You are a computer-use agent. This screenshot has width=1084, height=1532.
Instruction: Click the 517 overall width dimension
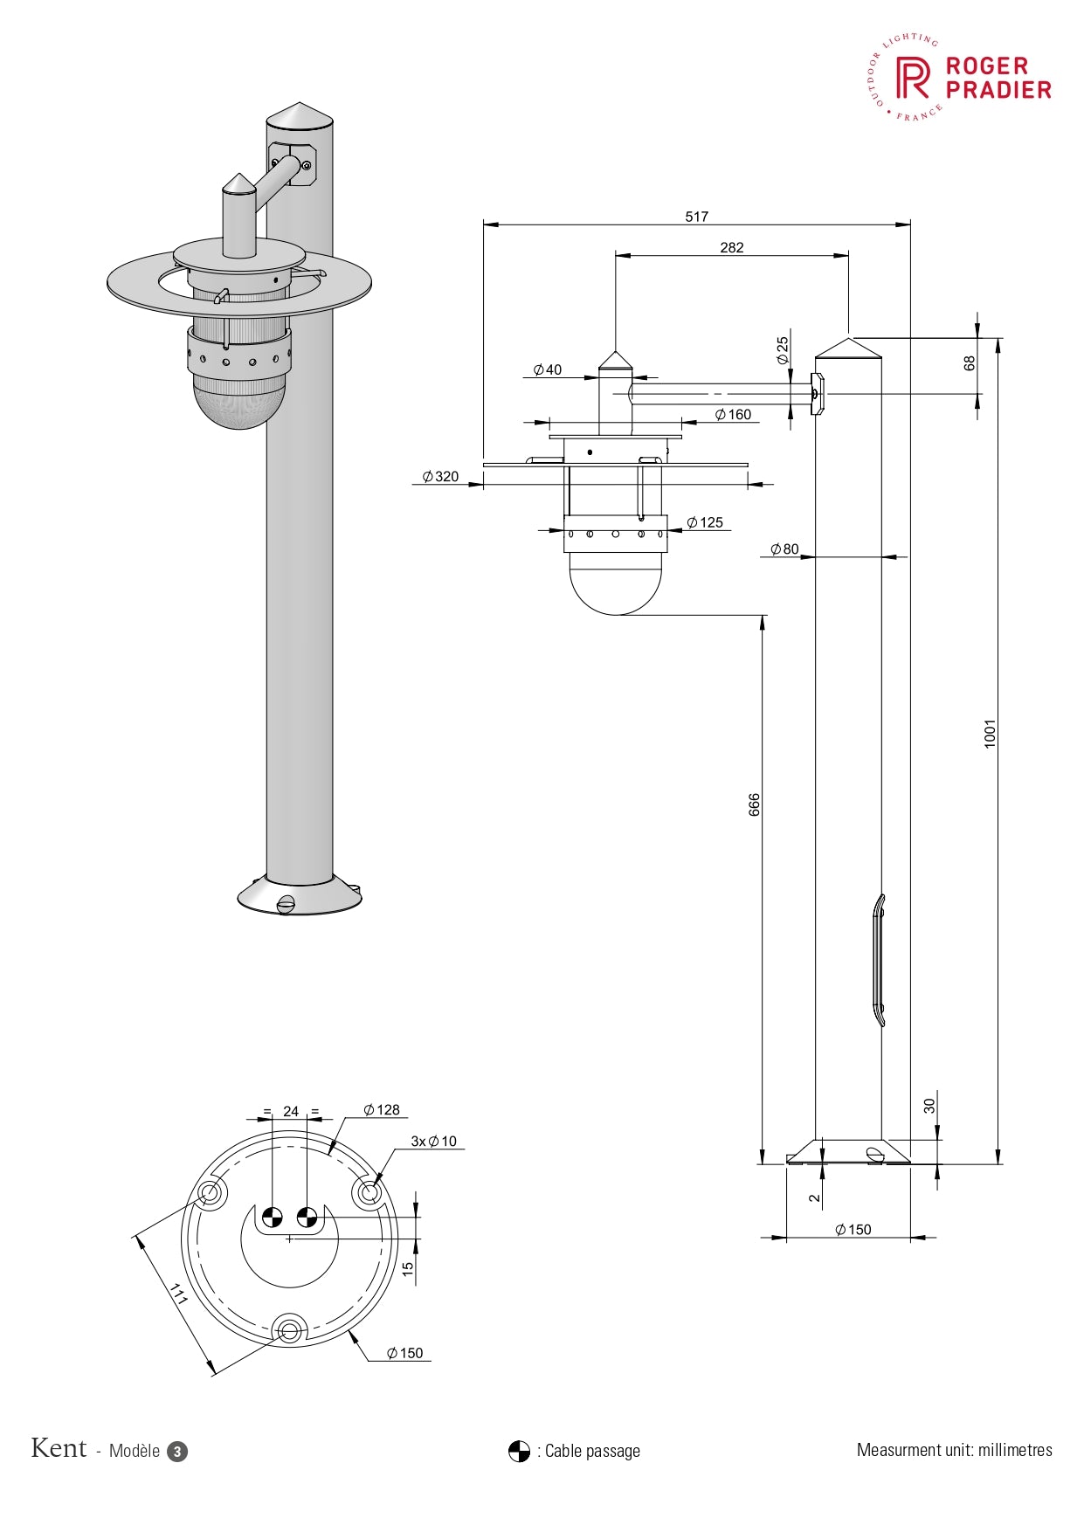click(696, 217)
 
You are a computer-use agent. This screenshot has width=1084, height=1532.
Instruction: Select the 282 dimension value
click(731, 248)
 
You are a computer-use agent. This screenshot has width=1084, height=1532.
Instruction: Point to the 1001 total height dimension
click(990, 733)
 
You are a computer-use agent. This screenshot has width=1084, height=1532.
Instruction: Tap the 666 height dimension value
click(755, 804)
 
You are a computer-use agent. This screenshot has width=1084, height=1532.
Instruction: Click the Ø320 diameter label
click(440, 477)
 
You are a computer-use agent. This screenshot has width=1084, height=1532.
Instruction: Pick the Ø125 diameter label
click(705, 523)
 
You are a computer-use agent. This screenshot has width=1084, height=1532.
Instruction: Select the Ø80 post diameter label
click(784, 549)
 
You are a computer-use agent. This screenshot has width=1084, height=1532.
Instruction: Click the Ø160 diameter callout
click(733, 415)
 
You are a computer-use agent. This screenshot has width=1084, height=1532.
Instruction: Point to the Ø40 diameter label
click(548, 370)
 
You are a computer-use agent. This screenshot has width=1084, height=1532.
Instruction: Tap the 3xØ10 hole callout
click(434, 1142)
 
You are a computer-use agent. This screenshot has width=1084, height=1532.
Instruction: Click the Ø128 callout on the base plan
click(382, 1110)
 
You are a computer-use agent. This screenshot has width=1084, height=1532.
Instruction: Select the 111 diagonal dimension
click(179, 1294)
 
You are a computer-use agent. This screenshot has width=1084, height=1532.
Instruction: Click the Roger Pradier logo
click(956, 78)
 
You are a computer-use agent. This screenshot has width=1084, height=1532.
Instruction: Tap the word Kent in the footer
click(59, 1449)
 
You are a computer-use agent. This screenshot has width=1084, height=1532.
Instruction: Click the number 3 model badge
click(177, 1452)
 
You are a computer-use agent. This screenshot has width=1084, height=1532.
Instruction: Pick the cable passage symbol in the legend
click(519, 1452)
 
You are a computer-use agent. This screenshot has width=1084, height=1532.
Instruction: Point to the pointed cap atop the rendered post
click(300, 115)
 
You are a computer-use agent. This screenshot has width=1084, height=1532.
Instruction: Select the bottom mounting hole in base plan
click(290, 1330)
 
